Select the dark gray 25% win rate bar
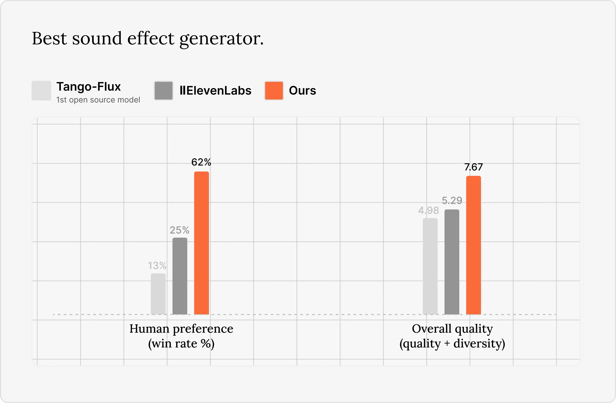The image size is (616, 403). tap(180, 276)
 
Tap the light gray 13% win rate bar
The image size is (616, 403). tap(158, 294)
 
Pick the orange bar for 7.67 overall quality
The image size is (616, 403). tap(473, 245)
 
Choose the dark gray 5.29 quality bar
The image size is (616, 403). tap(452, 262)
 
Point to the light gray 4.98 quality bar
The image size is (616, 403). tap(430, 266)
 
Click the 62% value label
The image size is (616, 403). tap(201, 162)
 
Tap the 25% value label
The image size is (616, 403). tap(179, 230)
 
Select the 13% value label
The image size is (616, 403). tap(157, 266)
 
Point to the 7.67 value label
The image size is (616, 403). tap(473, 167)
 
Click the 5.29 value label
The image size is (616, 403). tap(452, 201)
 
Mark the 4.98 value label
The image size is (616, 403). tap(428, 210)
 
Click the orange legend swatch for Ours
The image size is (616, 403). tap(274, 91)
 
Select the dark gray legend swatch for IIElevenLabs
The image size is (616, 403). tap(164, 91)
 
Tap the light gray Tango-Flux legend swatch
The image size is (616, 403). tap(41, 91)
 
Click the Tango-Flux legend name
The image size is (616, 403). tap(88, 86)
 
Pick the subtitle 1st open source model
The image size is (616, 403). tap(98, 100)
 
